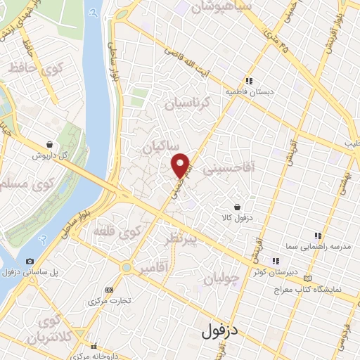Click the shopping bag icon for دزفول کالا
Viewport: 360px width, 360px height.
[237, 207]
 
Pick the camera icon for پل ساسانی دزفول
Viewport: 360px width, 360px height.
[30, 261]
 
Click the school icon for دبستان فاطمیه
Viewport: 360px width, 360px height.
[248, 80]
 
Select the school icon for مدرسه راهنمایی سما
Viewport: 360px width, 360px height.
[317, 236]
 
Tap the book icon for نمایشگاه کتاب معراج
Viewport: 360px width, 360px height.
[307, 278]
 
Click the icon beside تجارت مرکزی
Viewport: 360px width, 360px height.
[108, 289]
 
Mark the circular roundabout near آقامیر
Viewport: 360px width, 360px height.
[126, 267]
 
